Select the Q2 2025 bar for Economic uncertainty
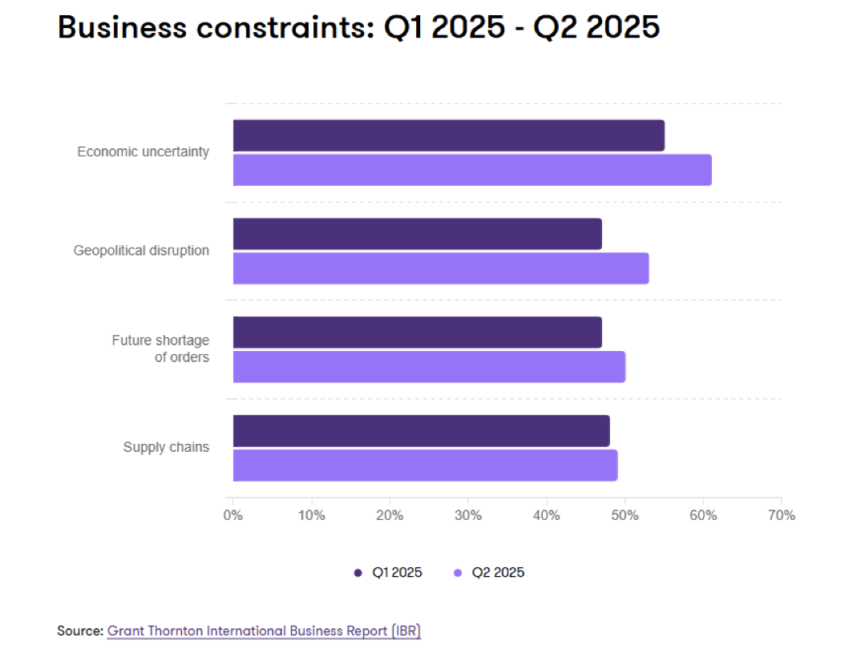click(472, 170)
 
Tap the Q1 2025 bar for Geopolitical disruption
click(417, 234)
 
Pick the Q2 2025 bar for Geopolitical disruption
click(441, 268)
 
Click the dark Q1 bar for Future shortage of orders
click(417, 333)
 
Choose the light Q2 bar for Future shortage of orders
click(429, 367)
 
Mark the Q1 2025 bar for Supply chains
click(421, 431)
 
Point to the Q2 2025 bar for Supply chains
click(425, 466)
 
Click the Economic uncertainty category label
click(143, 151)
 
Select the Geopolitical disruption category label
click(141, 250)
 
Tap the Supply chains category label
click(166, 447)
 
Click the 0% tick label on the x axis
click(232, 515)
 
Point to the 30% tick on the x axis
click(468, 515)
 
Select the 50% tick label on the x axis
click(625, 515)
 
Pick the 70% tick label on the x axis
click(781, 515)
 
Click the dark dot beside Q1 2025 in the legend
click(358, 573)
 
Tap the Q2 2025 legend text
click(498, 573)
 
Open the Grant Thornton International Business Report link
click(264, 631)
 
